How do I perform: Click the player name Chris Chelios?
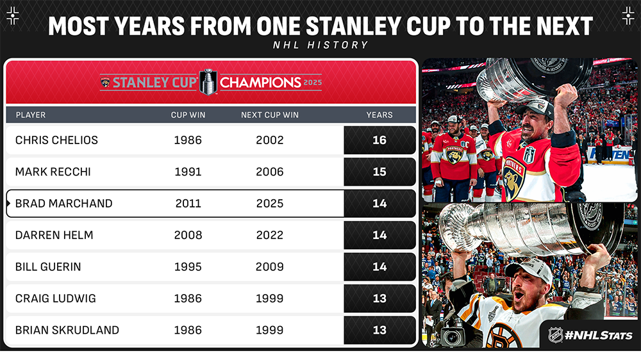click(56, 140)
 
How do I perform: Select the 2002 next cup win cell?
click(270, 140)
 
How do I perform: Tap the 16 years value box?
click(379, 140)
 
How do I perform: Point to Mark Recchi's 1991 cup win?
click(188, 172)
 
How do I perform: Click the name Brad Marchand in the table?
click(63, 204)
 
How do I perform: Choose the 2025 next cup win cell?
click(270, 204)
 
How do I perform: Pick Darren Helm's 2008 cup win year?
click(188, 235)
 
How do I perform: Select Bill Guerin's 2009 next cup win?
click(270, 267)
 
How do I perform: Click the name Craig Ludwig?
click(56, 299)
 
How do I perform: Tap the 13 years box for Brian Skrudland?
click(379, 330)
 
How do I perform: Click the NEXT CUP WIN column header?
click(270, 115)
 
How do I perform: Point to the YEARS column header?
click(379, 115)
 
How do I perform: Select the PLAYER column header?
click(31, 115)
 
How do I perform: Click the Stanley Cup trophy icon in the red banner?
click(208, 82)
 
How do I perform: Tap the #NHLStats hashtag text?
click(599, 336)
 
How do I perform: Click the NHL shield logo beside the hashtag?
click(555, 335)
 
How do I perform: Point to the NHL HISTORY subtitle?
click(320, 45)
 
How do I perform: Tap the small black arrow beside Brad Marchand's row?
click(8, 203)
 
